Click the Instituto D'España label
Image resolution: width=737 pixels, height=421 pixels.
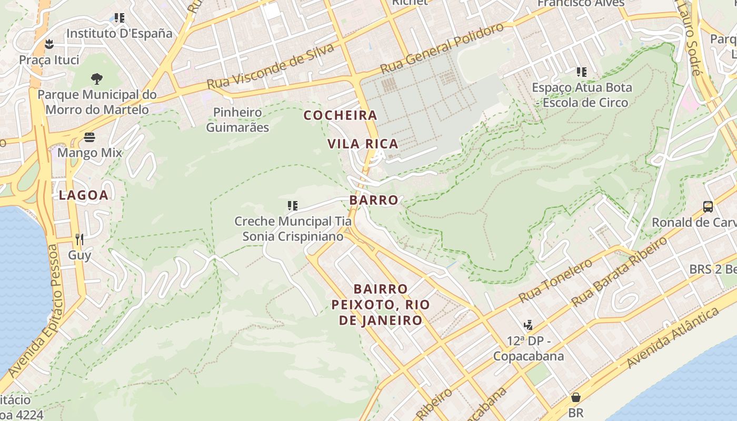[119, 33]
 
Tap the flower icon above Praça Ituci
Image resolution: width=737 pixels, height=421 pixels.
[49, 44]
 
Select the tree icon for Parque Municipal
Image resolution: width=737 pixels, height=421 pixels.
[96, 79]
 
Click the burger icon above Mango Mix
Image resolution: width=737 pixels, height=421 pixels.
[89, 138]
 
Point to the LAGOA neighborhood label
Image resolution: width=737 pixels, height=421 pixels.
[84, 195]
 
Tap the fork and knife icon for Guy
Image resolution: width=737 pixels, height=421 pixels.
[79, 239]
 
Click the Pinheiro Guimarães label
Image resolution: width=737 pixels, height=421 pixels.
[237, 120]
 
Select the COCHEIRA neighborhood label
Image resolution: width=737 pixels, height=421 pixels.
[341, 115]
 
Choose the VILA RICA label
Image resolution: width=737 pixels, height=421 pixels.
[363, 144]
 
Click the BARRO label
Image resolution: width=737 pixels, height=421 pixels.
[374, 201]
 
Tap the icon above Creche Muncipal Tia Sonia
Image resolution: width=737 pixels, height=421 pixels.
[293, 206]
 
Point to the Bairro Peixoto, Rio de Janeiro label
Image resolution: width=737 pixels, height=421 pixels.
[381, 305]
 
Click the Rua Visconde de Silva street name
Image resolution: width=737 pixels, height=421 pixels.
[271, 66]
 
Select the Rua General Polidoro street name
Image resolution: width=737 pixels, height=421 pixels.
[442, 48]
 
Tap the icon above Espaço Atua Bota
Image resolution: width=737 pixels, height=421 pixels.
[581, 72]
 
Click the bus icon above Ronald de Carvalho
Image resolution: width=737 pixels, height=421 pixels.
[708, 207]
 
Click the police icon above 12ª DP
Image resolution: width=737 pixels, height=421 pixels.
[528, 325]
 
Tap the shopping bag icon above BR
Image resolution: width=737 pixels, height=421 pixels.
[576, 397]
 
